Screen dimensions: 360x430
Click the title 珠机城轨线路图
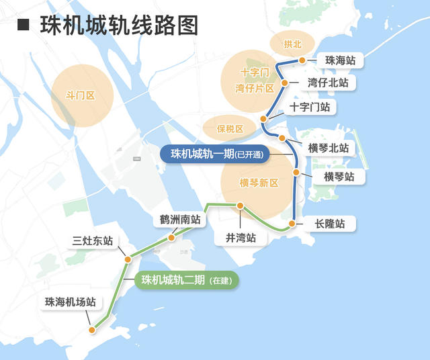click(x=120, y=26)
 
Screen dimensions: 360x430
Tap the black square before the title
click(x=23, y=26)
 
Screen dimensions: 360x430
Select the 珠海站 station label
click(x=340, y=60)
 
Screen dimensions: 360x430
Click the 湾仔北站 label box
click(x=328, y=83)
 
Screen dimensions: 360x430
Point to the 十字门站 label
click(x=310, y=107)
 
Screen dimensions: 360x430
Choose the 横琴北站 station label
click(x=329, y=148)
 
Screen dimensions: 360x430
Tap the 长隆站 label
click(x=329, y=224)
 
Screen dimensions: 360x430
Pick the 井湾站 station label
click(x=241, y=238)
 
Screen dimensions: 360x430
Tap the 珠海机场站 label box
click(x=71, y=302)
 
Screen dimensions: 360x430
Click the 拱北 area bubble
click(x=293, y=45)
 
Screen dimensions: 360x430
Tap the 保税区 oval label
click(x=230, y=128)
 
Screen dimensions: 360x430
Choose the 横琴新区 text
click(x=259, y=183)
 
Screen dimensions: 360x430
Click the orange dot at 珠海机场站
click(x=93, y=329)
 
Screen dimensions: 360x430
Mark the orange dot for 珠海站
click(x=302, y=60)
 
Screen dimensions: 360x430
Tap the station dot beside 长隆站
click(x=292, y=224)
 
